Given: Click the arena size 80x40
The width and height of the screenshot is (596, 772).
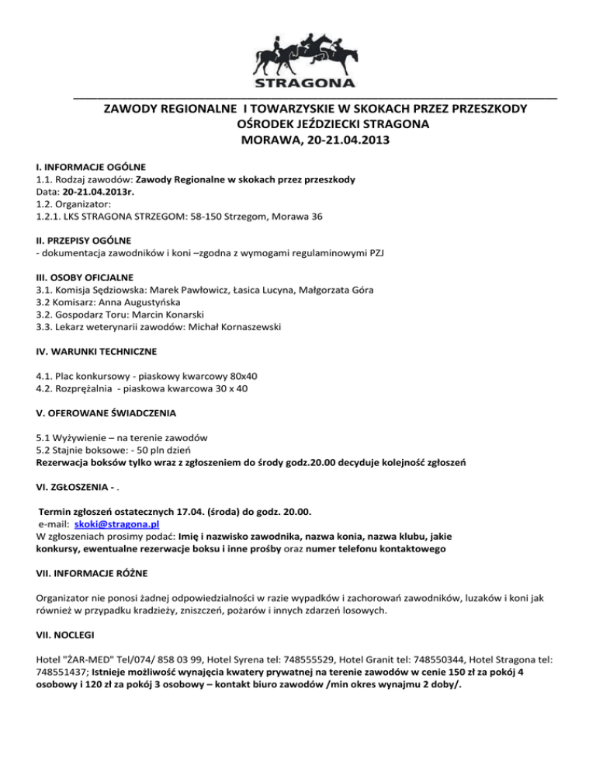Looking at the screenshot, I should [242, 375].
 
